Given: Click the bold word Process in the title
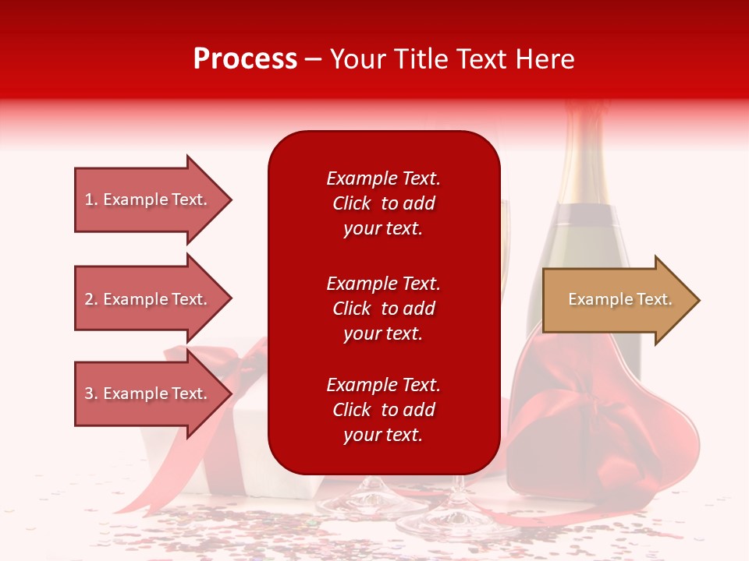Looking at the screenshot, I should point(245,59).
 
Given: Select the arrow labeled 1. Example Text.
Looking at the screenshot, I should point(148,199).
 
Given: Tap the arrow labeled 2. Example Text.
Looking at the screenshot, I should point(148,299).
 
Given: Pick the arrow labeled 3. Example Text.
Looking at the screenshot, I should point(148,393).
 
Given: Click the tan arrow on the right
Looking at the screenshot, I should point(616,300).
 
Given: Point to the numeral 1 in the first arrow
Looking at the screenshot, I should point(90,199).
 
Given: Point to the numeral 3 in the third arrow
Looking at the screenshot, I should point(90,393).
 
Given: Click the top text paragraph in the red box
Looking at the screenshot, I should point(383,203).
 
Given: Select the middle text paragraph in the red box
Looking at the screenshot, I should point(383,309).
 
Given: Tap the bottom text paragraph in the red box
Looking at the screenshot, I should point(383,410).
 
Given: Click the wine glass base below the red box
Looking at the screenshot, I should point(374,499).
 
